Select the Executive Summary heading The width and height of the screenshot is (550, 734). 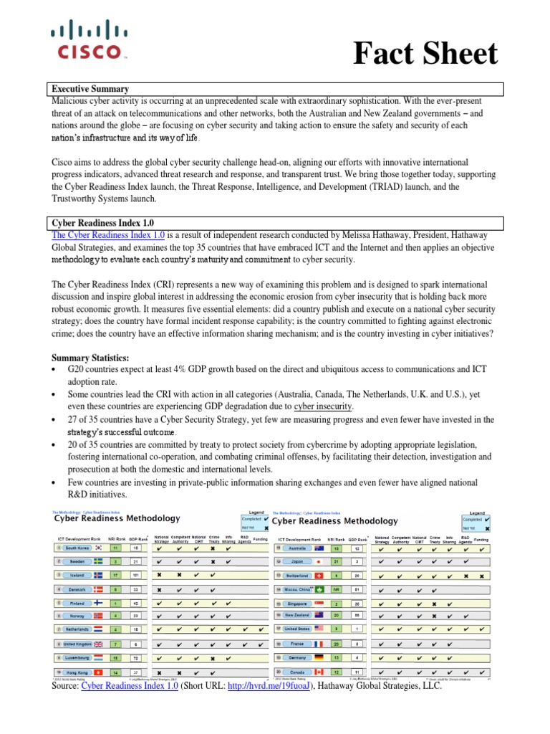pos(90,89)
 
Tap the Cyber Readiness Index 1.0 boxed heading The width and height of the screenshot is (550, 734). pos(101,222)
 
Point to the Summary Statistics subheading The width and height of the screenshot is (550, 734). pos(89,358)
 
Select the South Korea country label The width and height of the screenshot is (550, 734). pos(81,548)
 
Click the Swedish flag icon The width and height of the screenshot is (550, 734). pos(98,563)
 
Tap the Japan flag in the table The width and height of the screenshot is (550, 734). pos(319,562)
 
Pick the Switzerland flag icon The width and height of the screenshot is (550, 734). pos(319,576)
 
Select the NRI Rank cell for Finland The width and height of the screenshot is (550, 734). pos(115,604)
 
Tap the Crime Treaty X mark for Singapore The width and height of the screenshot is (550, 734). pos(434,604)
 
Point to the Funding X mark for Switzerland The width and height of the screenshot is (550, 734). pos(481,576)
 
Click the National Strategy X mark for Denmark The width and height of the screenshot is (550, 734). pos(159,590)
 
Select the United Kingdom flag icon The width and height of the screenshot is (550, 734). pos(98,644)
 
